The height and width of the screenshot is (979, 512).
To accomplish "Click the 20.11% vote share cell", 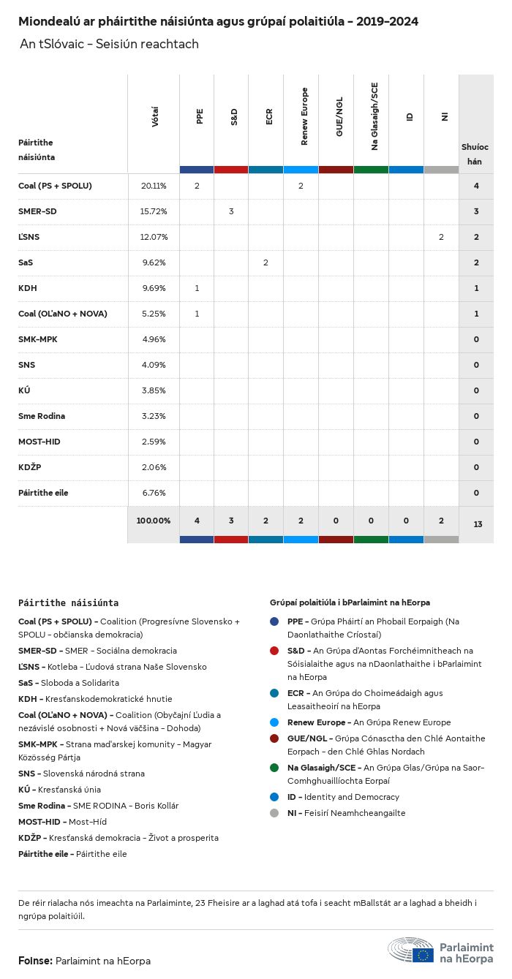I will pyautogui.click(x=154, y=186).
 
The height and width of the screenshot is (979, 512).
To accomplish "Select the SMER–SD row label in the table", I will pyautogui.click(x=37, y=212).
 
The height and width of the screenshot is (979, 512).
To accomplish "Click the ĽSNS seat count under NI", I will pyautogui.click(x=441, y=238).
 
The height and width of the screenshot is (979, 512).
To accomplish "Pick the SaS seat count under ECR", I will pyautogui.click(x=266, y=263).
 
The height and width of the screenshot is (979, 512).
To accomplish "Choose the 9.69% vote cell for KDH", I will pyautogui.click(x=154, y=289).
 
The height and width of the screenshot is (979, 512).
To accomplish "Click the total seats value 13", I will pyautogui.click(x=476, y=525).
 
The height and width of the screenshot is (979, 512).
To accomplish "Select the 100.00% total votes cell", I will pyautogui.click(x=154, y=521).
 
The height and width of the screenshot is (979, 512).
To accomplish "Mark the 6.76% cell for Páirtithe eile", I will pyautogui.click(x=154, y=493).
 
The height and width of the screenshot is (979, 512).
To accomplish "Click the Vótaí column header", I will pyautogui.click(x=154, y=117).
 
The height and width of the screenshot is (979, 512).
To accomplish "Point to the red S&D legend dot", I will pyautogui.click(x=274, y=651).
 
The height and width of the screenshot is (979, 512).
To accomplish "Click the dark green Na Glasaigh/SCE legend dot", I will pyautogui.click(x=274, y=768).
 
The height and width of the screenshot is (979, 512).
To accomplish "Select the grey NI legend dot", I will pyautogui.click(x=274, y=813).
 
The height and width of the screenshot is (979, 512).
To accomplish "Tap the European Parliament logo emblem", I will pyautogui.click(x=423, y=954).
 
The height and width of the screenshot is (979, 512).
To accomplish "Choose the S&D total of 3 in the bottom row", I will pyautogui.click(x=231, y=521).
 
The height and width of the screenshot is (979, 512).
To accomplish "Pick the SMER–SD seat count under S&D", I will pyautogui.click(x=231, y=212).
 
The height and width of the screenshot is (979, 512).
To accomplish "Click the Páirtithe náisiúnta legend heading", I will pyautogui.click(x=68, y=603).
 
